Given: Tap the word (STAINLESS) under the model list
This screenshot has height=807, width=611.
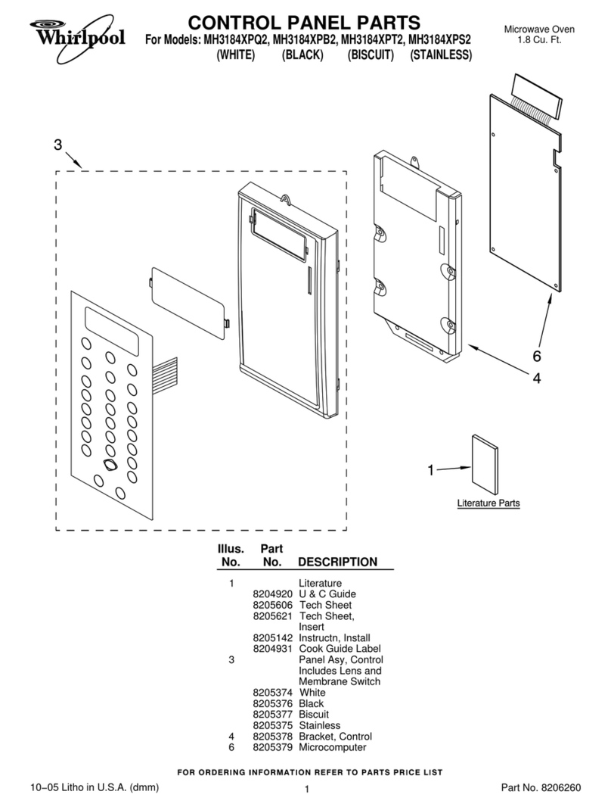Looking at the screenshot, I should tap(441, 55).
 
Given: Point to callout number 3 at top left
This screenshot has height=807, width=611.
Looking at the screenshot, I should tap(57, 145).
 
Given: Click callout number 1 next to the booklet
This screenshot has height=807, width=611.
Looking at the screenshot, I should tap(430, 470).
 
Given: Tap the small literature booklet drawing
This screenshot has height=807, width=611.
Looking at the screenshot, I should tap(485, 463).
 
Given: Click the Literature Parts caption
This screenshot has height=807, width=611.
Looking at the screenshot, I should tap(488, 503).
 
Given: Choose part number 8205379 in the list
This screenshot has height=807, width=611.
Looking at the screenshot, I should tap(272, 747).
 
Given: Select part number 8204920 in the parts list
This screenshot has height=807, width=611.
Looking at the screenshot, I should tap(272, 594).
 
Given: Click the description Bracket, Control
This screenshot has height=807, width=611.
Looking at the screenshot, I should tap(335, 736).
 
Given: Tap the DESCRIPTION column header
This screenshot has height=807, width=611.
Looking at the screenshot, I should tap(337, 562).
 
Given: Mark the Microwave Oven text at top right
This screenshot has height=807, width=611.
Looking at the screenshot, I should tap(538, 29).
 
